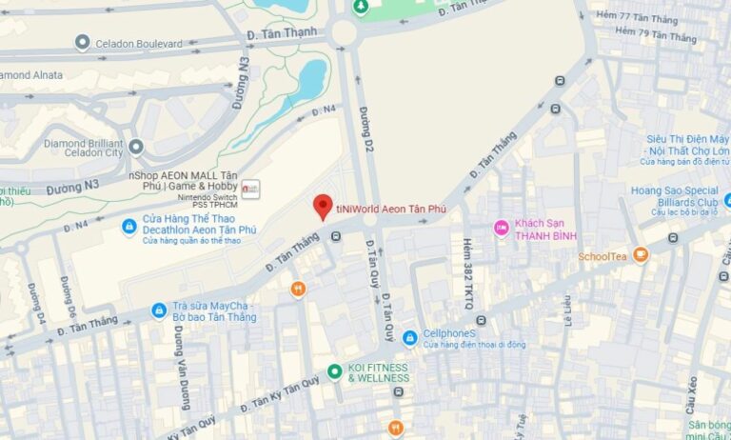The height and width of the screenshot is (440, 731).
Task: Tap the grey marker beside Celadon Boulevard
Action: point(82,43)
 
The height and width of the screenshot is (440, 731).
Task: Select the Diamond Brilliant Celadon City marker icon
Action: point(136,147)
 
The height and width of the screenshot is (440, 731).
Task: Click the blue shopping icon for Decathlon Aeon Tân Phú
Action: point(128,228)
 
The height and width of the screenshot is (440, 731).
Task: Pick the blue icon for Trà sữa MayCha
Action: point(159,310)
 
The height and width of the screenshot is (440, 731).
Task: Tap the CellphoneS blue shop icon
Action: point(409,337)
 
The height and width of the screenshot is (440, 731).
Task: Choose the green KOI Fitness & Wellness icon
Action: point(334,372)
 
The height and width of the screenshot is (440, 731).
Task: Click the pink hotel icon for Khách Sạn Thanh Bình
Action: point(501,228)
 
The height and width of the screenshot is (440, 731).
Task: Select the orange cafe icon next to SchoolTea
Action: point(640,255)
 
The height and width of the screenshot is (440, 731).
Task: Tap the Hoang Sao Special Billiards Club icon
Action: point(725,202)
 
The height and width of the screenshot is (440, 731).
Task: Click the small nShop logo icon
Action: point(250,188)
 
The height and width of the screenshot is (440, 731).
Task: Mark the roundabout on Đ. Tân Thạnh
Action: point(343,33)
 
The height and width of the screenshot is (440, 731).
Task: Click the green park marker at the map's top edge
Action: point(362,7)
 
